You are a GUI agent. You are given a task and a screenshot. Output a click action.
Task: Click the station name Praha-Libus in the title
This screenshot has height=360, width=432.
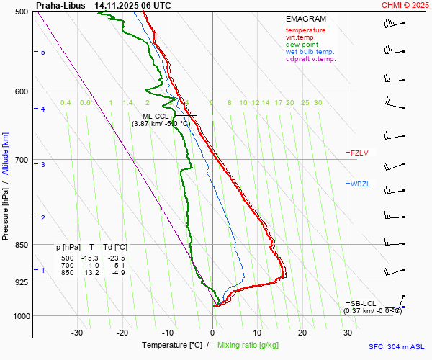point(60,5)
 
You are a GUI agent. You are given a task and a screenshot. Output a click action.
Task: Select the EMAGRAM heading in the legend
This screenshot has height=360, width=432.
point(305,19)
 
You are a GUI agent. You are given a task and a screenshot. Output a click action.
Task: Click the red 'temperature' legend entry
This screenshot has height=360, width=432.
point(305,30)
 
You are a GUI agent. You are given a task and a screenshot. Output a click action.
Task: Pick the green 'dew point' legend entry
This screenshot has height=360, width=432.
point(301,45)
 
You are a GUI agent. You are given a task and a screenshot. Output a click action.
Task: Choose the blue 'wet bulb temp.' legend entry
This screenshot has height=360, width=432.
point(310,52)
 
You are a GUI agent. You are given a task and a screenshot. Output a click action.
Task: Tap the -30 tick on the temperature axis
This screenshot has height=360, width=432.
point(77,333)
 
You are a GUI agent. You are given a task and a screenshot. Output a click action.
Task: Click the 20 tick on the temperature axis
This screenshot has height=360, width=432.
point(302,333)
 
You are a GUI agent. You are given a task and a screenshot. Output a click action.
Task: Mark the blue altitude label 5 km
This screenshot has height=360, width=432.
point(42,53)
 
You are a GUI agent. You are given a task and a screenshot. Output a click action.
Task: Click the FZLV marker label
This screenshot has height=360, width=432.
point(359,153)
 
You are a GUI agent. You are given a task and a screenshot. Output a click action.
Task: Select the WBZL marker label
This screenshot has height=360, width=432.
point(360,184)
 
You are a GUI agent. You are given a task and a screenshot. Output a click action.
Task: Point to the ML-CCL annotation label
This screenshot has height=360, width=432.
point(156,116)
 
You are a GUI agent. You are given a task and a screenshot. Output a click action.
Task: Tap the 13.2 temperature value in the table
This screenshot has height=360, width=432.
point(91,273)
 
